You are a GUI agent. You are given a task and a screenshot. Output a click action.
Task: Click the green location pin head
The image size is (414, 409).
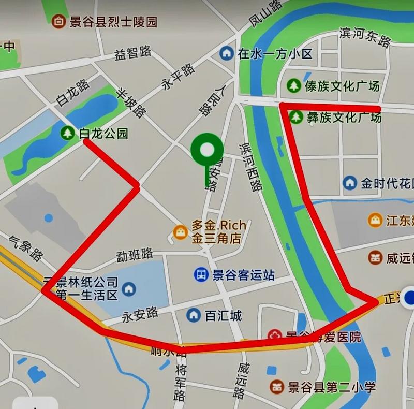click(x=207, y=150)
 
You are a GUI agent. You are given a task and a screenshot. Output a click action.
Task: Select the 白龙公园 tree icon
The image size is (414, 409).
click(x=67, y=133)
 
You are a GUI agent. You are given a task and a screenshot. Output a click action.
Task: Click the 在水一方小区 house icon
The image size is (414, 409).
click(x=226, y=53)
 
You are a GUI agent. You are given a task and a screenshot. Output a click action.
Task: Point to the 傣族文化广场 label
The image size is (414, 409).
click(x=342, y=85)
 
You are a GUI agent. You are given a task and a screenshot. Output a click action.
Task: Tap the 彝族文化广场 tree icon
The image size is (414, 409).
click(x=296, y=117)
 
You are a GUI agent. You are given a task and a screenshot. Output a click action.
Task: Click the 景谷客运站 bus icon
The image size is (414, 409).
click(x=201, y=274)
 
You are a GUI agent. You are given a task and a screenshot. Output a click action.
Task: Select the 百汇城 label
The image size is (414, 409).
click(x=223, y=315)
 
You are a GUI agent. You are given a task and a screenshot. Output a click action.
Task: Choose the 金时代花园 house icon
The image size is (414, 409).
click(x=350, y=183)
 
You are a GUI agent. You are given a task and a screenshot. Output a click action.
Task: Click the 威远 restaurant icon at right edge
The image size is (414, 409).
click(x=375, y=257)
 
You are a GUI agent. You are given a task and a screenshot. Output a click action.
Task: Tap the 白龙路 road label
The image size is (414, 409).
click(x=73, y=93)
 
